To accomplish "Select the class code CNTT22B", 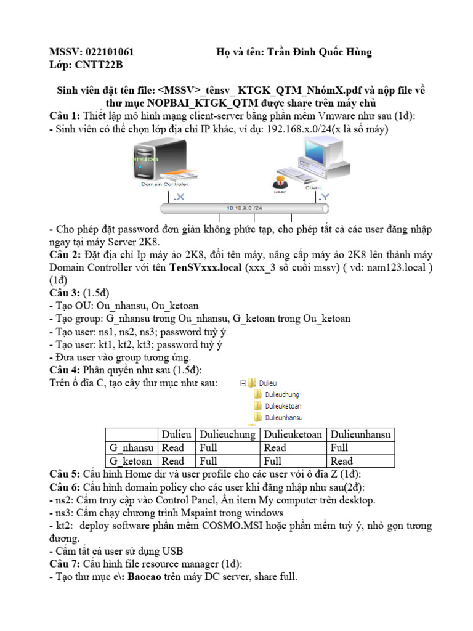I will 99,65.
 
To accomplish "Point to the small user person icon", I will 279,183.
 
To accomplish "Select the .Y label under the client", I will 323,198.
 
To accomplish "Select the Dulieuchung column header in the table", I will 227,435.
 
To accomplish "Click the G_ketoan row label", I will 130,461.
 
